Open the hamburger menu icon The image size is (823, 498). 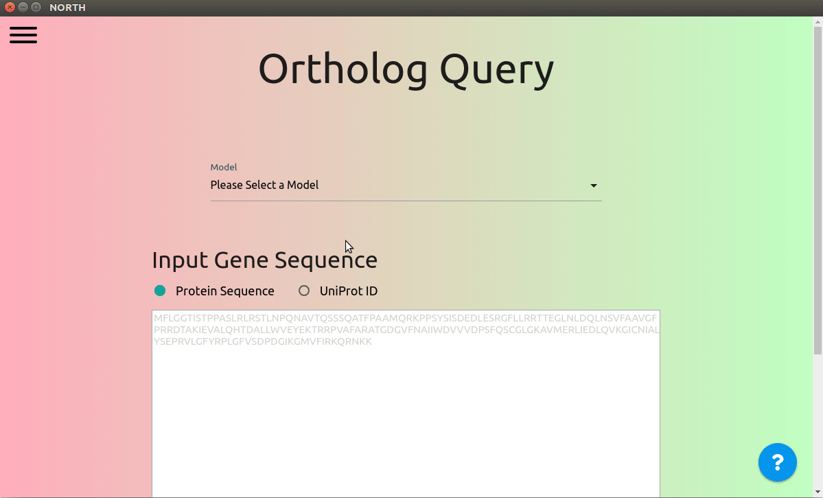point(23,34)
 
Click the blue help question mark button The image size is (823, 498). point(777,462)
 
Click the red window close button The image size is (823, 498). point(10,8)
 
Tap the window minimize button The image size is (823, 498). point(23,8)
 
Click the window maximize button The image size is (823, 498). point(36,8)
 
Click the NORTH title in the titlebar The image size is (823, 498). point(68,8)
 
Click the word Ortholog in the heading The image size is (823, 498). point(343,69)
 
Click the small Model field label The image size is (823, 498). point(224,167)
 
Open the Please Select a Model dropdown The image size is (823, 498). point(406,185)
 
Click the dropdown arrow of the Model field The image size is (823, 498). point(594,185)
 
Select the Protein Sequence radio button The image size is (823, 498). point(160,291)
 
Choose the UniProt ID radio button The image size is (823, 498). point(304,291)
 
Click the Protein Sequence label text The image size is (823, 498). point(224,291)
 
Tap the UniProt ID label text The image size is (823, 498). point(349,291)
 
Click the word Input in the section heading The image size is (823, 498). point(180,260)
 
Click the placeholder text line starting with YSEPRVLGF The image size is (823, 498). point(263,341)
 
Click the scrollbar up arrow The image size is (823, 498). point(818,21)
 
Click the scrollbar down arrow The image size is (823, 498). point(818,493)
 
